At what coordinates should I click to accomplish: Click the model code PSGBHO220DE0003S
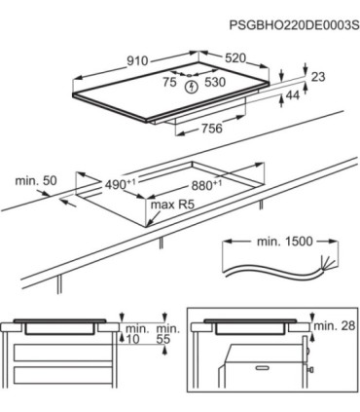(295, 25)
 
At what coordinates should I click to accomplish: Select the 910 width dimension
(137, 60)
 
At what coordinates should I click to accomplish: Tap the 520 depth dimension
(235, 58)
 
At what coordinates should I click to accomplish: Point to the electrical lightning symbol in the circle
(192, 87)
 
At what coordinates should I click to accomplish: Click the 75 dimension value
(169, 82)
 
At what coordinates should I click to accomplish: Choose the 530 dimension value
(215, 82)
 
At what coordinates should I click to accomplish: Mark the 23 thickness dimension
(318, 77)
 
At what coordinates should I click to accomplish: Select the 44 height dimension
(293, 95)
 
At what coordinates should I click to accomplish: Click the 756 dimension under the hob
(212, 129)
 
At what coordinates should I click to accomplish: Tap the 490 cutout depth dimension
(120, 184)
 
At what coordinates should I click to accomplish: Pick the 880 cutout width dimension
(206, 185)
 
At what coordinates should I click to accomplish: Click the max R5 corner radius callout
(172, 205)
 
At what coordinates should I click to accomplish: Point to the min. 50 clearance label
(36, 181)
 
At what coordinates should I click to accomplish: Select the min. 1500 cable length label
(285, 242)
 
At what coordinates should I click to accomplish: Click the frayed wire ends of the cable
(326, 263)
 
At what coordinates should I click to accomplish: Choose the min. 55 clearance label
(168, 334)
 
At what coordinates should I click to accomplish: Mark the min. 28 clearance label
(335, 325)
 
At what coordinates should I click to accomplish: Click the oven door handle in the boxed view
(265, 368)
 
